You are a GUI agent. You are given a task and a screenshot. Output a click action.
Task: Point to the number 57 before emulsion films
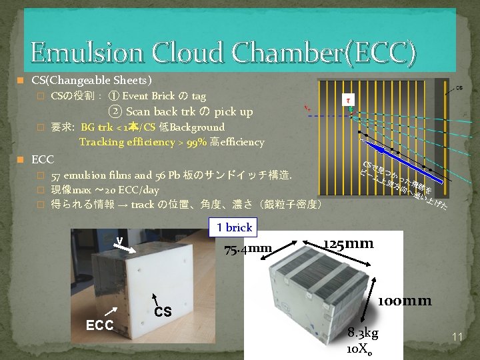(57, 175)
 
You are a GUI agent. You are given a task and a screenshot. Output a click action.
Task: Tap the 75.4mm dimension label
(248, 249)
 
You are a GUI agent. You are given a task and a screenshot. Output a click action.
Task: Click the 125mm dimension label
(348, 243)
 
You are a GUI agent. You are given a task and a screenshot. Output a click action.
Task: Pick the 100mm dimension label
(405, 301)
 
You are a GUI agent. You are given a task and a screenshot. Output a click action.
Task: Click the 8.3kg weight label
(364, 333)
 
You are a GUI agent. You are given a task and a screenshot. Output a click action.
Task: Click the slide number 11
(457, 337)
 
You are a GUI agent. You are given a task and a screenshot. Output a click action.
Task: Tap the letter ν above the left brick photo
(119, 241)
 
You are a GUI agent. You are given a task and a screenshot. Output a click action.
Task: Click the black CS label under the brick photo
(163, 311)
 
